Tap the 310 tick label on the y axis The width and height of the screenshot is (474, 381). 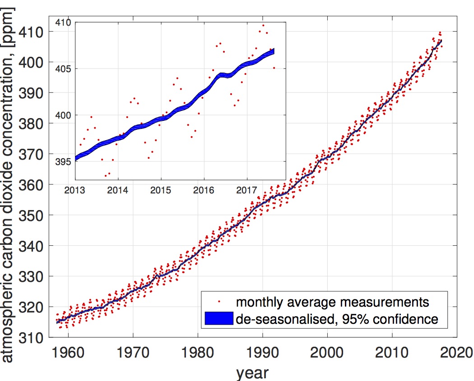click(33, 337)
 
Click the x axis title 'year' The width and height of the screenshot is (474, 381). click(252, 372)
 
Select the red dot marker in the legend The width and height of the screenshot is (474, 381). click(219, 301)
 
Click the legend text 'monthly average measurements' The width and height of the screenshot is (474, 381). click(332, 301)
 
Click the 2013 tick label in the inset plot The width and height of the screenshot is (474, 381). click(75, 190)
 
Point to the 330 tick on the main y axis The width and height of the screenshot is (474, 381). click(33, 276)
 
